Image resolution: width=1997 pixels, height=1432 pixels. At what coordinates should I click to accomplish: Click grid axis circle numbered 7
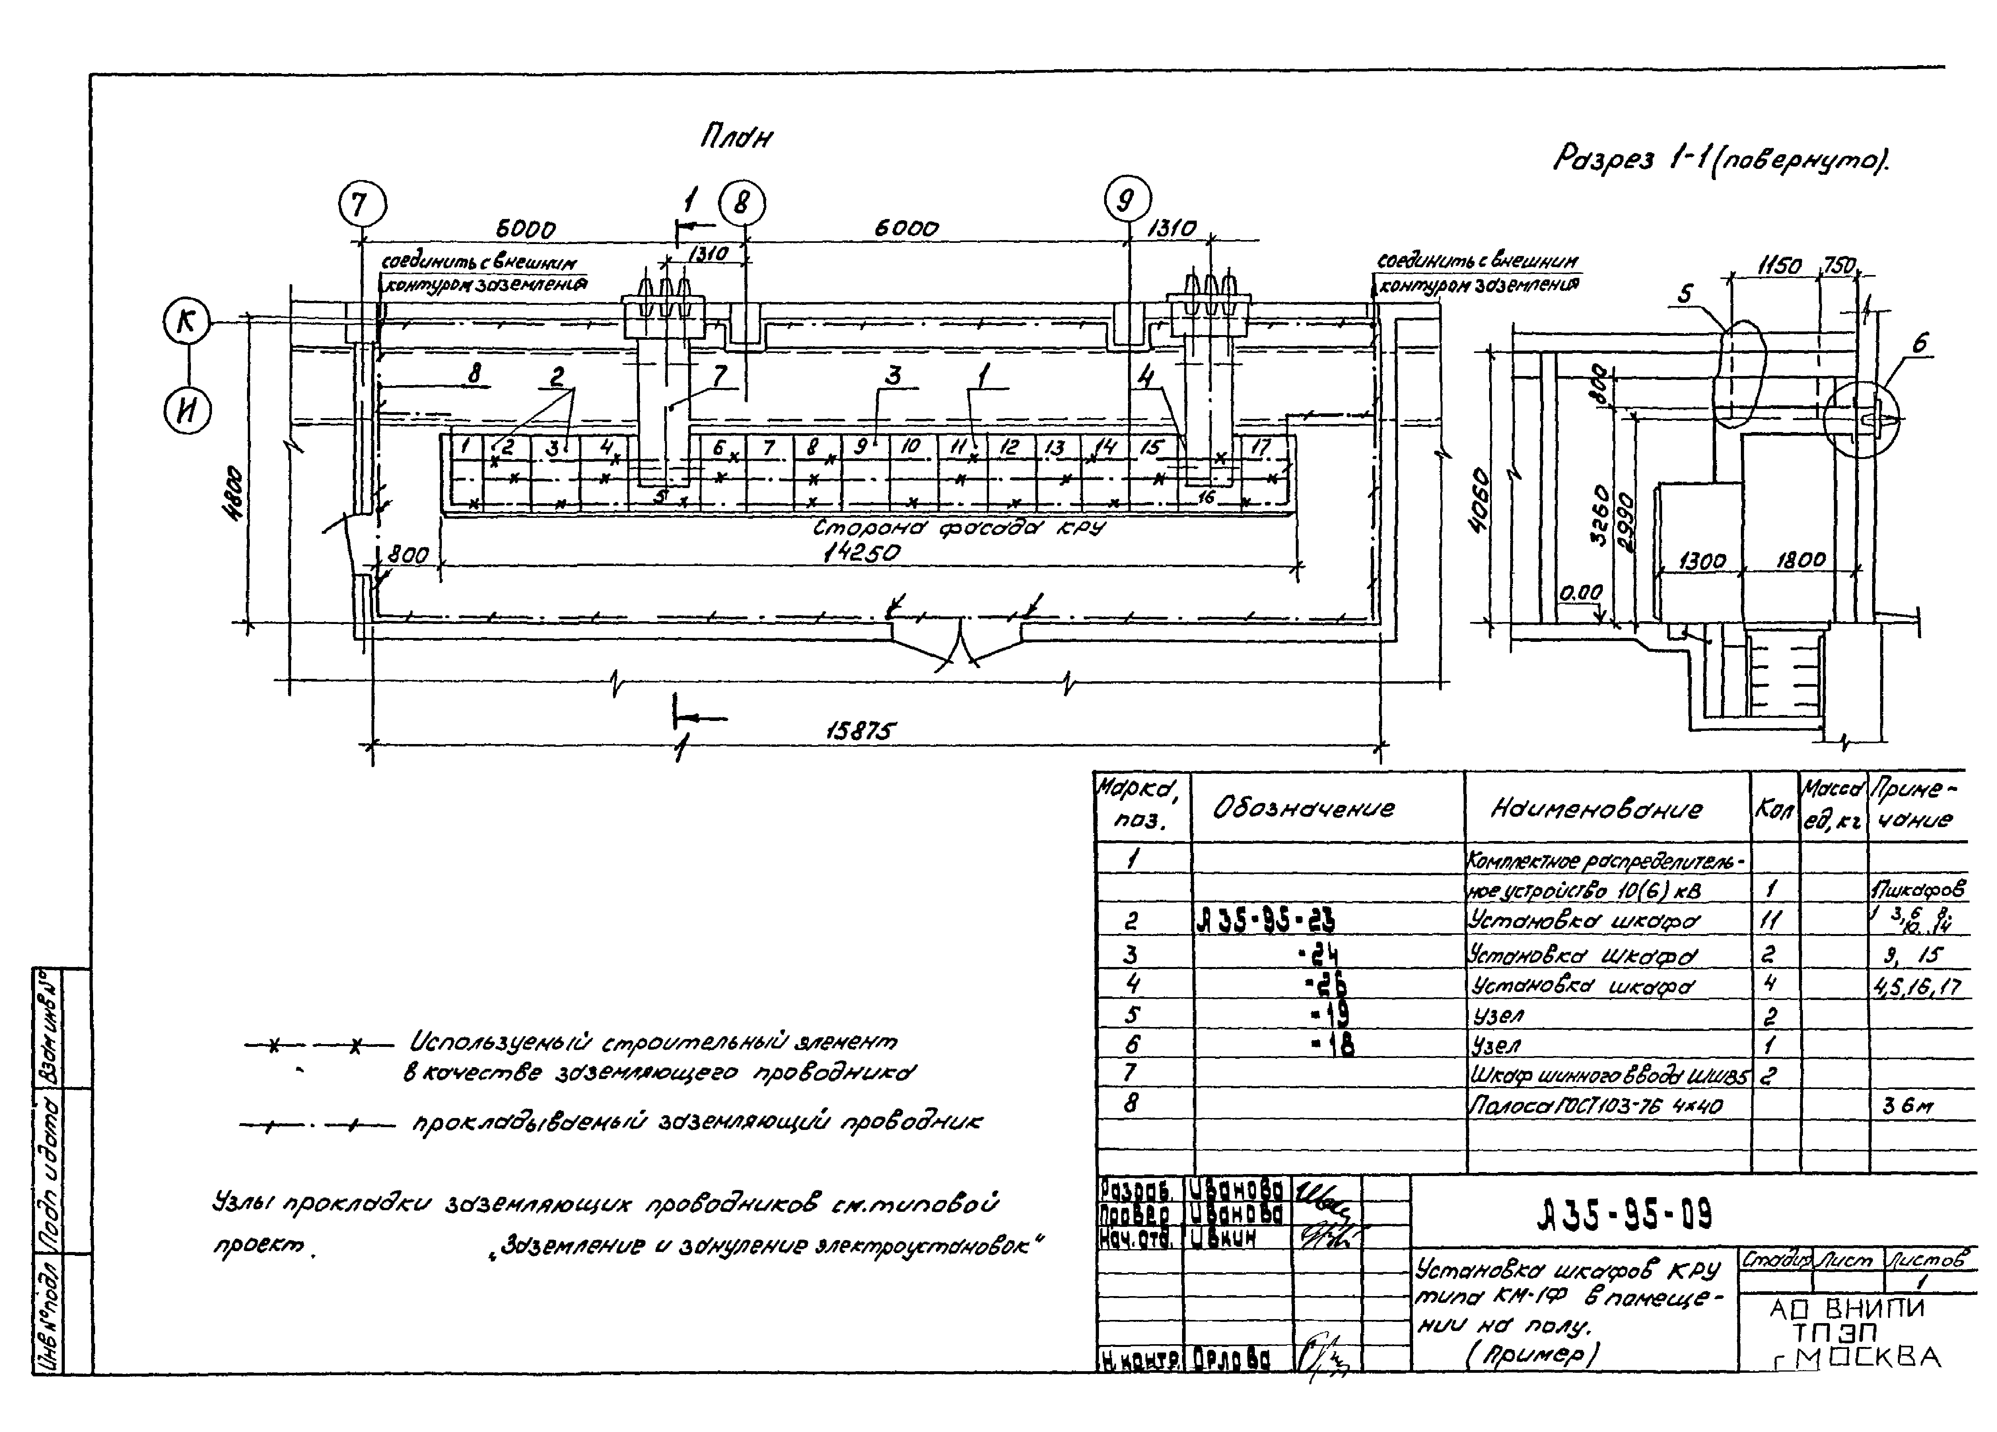[x=362, y=204]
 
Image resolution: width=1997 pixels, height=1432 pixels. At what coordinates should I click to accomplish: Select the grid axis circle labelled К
[x=187, y=322]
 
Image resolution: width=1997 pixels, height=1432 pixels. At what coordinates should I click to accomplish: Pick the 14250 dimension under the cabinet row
[x=861, y=553]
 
